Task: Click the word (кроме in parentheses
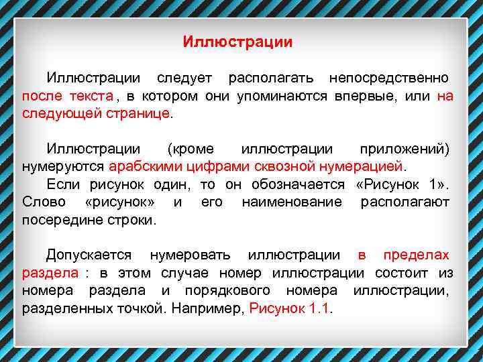point(190,148)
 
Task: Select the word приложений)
point(405,148)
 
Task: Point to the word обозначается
point(298,184)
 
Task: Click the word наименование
point(292,202)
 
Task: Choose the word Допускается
point(89,255)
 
